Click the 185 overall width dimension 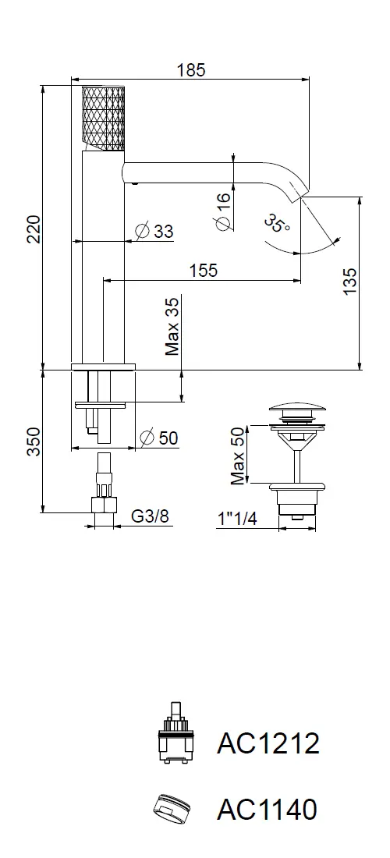tap(191, 70)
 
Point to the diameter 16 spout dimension tap(222, 211)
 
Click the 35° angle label tap(278, 224)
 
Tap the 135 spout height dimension tap(350, 282)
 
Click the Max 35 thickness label tap(173, 328)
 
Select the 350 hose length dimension tap(34, 441)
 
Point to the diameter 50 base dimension tap(158, 438)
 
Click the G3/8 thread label tap(150, 516)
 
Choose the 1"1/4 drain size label tap(237, 518)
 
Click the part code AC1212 tap(268, 743)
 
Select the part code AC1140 tap(267, 809)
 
